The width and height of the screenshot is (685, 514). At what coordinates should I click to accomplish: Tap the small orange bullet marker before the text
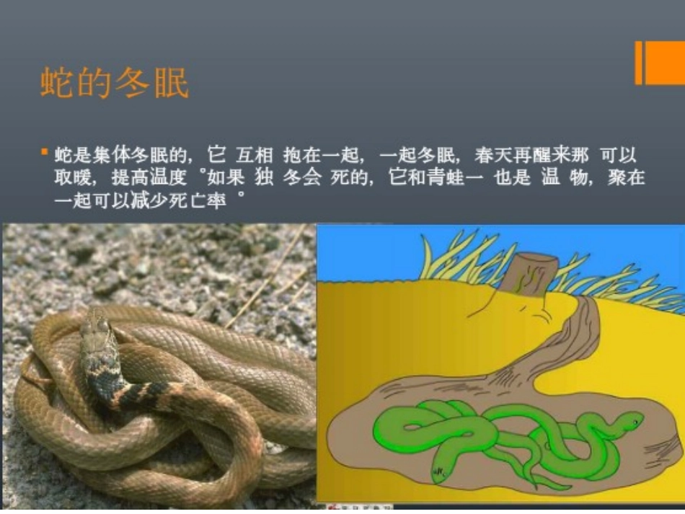(44, 152)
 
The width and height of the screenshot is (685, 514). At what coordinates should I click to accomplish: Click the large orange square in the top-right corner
(664, 63)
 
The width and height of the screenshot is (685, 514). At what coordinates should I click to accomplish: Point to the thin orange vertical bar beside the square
(638, 63)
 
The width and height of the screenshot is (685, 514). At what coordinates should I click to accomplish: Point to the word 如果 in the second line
(224, 177)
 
